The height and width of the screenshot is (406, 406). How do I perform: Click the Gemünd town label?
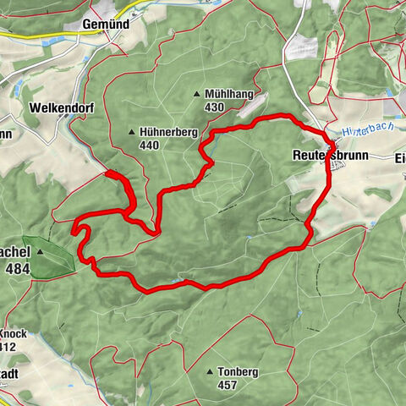[x=106, y=25]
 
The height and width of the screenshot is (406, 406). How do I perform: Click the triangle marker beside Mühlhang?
[x=196, y=95]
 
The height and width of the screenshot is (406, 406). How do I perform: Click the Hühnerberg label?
[x=167, y=132]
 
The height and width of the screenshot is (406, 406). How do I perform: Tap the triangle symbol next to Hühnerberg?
[x=131, y=132]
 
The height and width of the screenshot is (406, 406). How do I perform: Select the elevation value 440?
[x=151, y=145]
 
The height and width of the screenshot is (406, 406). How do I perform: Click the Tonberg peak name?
[x=237, y=371]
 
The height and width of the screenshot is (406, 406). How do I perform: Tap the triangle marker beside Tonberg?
[x=209, y=371]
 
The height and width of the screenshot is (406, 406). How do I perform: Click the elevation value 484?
[x=19, y=268]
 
